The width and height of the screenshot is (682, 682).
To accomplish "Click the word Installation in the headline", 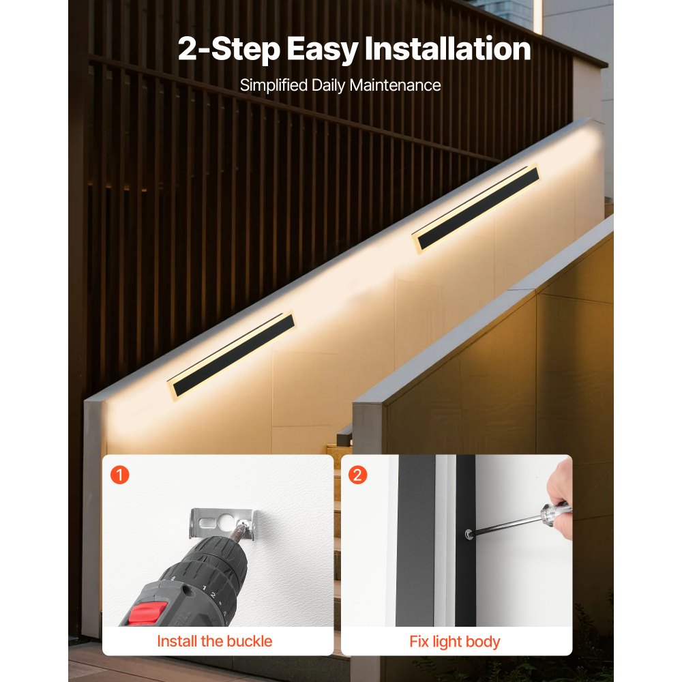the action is click(x=447, y=48).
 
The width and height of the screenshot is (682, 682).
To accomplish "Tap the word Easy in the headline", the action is click(x=323, y=50).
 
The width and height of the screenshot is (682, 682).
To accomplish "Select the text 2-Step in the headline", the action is click(x=229, y=50).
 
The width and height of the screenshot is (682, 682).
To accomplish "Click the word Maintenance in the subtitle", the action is click(x=395, y=85).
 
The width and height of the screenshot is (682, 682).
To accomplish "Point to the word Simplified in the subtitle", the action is click(x=273, y=85).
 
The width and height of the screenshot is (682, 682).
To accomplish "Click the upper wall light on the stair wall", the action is click(x=476, y=208).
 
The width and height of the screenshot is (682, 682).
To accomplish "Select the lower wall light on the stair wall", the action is click(x=231, y=355).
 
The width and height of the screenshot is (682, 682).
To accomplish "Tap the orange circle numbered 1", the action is click(x=119, y=475).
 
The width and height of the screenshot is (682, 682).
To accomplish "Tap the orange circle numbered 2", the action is click(x=357, y=475).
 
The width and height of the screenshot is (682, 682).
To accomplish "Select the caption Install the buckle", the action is click(x=214, y=641).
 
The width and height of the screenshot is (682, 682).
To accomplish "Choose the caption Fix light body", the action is click(x=454, y=642).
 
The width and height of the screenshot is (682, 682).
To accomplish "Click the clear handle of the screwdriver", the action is click(x=555, y=509).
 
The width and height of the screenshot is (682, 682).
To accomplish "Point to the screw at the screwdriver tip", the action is click(x=469, y=534).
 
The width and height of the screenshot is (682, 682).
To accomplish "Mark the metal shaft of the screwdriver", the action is click(x=507, y=524).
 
